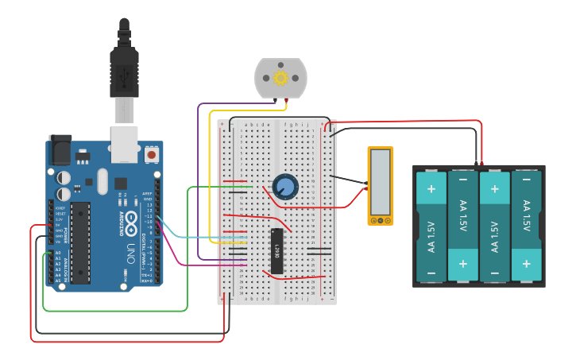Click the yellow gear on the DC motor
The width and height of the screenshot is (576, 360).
coord(280,78)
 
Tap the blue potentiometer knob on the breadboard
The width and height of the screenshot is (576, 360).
coord(284,187)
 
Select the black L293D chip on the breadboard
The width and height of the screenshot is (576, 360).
coord(276,251)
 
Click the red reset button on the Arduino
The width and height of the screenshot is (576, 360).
coord(151,151)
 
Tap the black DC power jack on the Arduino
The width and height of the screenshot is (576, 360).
coord(60,150)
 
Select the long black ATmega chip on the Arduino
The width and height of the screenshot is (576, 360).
coord(80,242)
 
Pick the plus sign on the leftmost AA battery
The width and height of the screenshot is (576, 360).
coord(431,189)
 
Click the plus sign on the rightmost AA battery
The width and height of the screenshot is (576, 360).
coord(526,262)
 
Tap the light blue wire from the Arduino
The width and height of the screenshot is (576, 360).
coord(183,237)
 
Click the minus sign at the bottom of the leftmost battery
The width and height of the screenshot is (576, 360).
coord(431,273)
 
